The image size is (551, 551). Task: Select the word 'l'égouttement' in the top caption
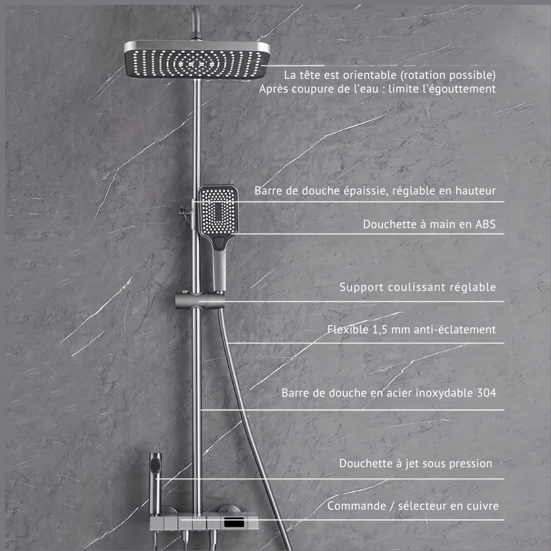462,88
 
